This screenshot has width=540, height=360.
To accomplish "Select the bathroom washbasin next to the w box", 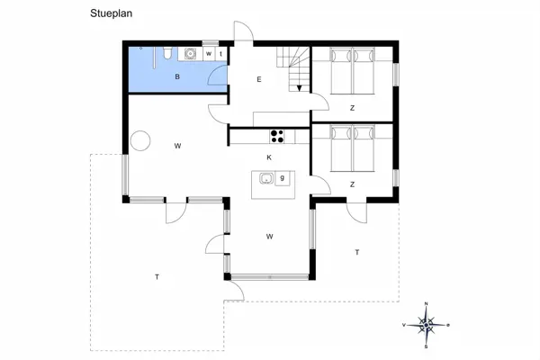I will coord(191,54).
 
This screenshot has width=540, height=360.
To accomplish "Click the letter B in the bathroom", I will coord(178,78).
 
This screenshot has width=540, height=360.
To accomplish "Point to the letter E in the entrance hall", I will coord(258,81).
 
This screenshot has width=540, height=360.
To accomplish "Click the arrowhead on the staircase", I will coord(298,87).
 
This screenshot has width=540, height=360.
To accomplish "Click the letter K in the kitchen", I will coord(268,157).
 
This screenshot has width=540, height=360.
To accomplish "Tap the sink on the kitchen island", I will coord(266,179).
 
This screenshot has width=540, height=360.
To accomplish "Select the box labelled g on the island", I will coord(282,179).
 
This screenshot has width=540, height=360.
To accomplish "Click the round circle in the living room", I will coord(140,141).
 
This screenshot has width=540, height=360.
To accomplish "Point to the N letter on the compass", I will coord(427,304).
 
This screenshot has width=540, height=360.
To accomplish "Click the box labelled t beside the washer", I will coord(220,54).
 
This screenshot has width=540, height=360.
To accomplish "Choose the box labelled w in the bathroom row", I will coord(209,54).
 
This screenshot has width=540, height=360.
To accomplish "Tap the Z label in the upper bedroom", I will coord(352,107).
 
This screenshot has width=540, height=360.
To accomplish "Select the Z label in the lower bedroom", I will coord(352,184).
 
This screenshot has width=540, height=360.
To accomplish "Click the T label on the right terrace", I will coord(356,252).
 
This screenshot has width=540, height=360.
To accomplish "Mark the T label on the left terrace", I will coord(157,277).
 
